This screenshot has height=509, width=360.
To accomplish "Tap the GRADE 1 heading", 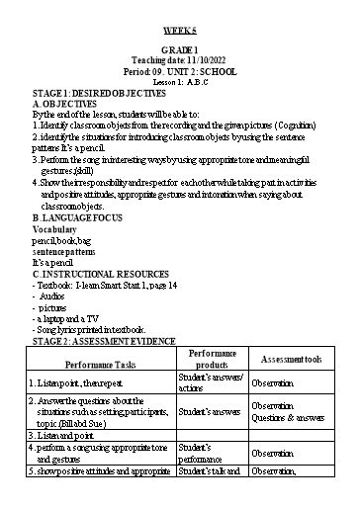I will pyautogui.click(x=180, y=49).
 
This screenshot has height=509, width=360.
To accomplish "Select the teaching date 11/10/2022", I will pyautogui.click(x=180, y=59).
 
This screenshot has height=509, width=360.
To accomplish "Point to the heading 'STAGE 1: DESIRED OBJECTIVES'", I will pyautogui.click(x=92, y=92).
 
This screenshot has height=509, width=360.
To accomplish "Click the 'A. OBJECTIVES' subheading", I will pyautogui.click(x=65, y=103).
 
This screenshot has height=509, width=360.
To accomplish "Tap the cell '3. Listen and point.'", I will pyautogui.click(x=62, y=435).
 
